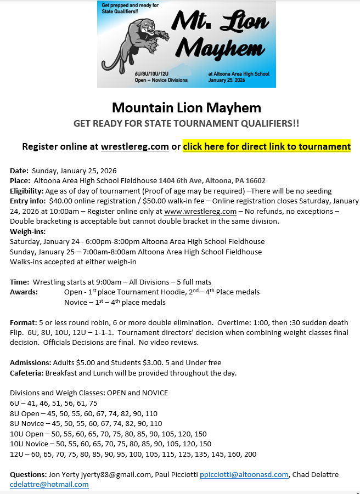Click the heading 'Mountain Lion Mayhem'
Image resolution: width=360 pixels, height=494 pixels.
pos(186,107)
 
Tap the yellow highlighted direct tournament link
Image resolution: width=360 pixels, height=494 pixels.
pos(267,146)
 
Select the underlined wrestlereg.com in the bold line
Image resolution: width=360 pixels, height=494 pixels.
pos(134,146)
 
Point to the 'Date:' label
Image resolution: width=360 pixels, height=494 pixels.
pos(20,171)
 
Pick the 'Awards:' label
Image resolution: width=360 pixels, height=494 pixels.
pos(24,292)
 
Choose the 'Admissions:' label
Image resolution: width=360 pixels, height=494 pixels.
pos(31,362)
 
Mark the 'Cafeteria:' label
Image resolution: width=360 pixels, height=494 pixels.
pos(27,373)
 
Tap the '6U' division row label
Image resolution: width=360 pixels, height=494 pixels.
pos(15,403)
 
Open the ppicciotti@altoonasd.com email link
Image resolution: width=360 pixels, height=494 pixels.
pos(244,474)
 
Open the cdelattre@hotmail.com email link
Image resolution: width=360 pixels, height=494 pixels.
pos(49,484)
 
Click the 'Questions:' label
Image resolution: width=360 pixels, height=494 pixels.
pos(28,474)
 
